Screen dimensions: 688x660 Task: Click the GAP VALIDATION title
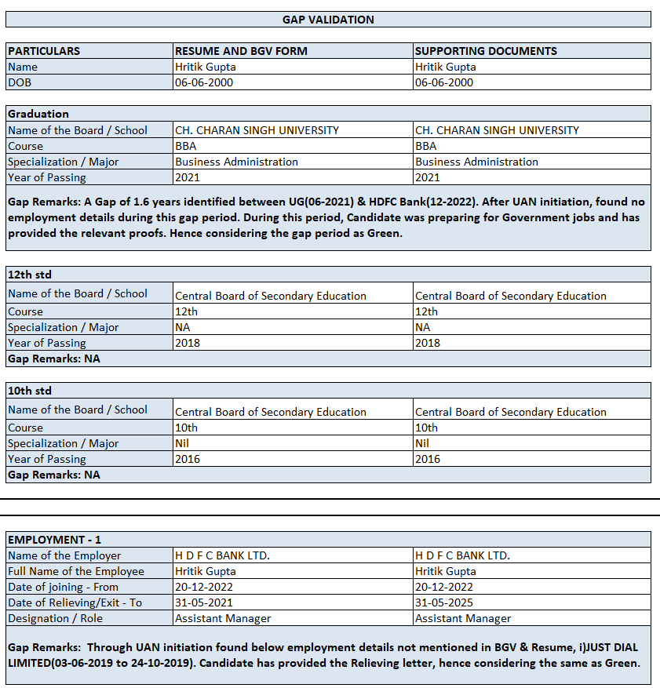(x=328, y=20)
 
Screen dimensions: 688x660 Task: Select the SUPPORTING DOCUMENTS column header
(x=486, y=51)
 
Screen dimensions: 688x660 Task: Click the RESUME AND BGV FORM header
(x=241, y=51)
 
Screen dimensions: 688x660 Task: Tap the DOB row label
(x=20, y=82)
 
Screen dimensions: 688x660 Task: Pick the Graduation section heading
(x=38, y=114)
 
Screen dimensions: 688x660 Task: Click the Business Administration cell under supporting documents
(x=476, y=162)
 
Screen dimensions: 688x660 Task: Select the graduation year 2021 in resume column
(x=188, y=177)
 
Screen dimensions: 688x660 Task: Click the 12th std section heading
(x=30, y=275)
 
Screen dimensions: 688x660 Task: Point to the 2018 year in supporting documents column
(x=428, y=343)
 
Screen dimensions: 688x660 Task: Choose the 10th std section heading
(x=30, y=391)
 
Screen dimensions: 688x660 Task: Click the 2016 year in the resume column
(x=188, y=459)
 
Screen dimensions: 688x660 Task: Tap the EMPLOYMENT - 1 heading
(x=54, y=540)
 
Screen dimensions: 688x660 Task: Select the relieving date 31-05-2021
(x=204, y=602)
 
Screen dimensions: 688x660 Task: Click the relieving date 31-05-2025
(x=444, y=602)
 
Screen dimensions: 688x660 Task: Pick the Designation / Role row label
(x=55, y=618)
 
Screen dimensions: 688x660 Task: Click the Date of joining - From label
(x=63, y=587)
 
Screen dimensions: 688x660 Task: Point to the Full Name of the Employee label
(x=76, y=571)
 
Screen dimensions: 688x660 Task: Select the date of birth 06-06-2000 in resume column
(x=204, y=82)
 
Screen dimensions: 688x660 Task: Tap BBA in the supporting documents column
(x=426, y=146)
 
